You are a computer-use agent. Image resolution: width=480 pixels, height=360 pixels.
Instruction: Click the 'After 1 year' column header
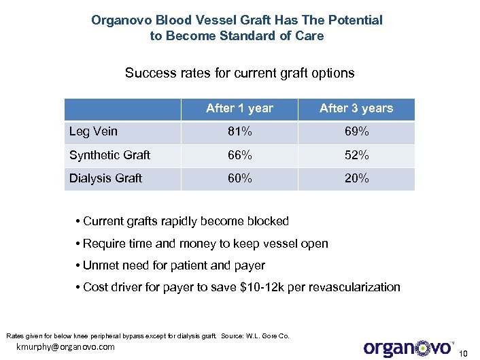[x=239, y=108]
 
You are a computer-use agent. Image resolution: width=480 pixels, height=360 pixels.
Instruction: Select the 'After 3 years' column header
[x=356, y=108]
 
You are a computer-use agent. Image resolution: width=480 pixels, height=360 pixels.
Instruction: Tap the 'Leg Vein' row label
[x=93, y=132]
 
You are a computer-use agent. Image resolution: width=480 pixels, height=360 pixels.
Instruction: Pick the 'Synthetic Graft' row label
[x=109, y=155]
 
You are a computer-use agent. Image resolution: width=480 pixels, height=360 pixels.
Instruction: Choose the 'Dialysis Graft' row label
[x=105, y=178]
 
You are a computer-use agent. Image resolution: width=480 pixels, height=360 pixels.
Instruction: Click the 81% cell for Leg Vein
[x=239, y=132]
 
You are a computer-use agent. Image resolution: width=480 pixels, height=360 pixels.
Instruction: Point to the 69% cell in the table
[x=356, y=132]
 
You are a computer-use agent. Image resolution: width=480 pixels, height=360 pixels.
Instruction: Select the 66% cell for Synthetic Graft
[x=239, y=155]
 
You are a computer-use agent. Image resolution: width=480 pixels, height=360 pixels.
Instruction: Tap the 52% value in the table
[x=356, y=155]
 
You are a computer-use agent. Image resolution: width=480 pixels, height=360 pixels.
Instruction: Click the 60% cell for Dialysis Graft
[x=239, y=178]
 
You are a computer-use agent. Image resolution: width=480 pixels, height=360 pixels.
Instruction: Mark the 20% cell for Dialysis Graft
[x=356, y=178]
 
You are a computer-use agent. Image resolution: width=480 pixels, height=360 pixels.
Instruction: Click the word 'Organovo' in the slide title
[x=120, y=20]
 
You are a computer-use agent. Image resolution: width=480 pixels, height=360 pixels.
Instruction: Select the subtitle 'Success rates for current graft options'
[x=239, y=72]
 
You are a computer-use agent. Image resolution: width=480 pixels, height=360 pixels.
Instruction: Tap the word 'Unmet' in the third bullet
[x=99, y=265]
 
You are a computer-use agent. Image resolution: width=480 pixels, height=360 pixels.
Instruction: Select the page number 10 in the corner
[x=464, y=353]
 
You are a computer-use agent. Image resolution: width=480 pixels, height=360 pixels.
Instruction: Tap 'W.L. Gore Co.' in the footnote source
[x=269, y=336]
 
